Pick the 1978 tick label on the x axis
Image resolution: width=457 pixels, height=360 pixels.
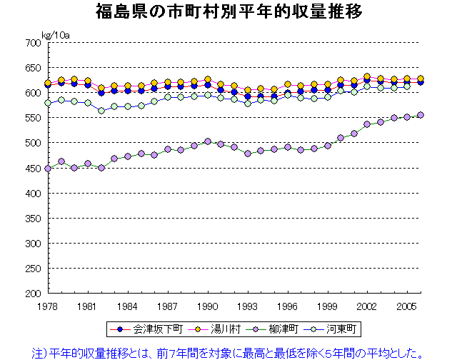[47, 305]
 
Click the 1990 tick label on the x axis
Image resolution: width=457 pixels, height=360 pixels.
[207, 305]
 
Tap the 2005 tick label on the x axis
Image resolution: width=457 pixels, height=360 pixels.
[407, 305]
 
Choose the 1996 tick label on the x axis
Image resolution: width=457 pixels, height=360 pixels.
[287, 305]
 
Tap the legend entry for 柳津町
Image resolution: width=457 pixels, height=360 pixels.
[275, 330]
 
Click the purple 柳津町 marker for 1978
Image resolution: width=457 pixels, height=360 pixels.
[48, 169]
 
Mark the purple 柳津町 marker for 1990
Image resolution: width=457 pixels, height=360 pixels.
[208, 141]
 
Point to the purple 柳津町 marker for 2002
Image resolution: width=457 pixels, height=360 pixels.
[368, 124]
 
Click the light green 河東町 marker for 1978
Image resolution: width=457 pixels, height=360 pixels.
[48, 103]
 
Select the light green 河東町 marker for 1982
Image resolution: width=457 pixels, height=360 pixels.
[101, 111]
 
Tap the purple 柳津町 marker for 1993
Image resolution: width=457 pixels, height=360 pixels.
[248, 154]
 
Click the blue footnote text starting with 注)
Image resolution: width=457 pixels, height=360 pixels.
[228, 351]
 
